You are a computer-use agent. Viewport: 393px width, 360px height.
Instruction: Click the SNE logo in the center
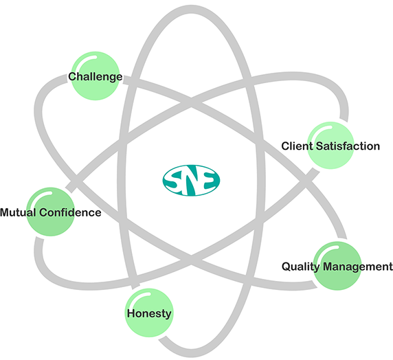click(x=191, y=180)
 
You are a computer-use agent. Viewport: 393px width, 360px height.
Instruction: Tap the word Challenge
click(x=96, y=77)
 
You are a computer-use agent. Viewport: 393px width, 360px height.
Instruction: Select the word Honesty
click(x=149, y=313)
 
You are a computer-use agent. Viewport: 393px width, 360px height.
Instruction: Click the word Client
click(x=297, y=146)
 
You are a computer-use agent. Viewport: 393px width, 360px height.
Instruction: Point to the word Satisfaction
click(x=348, y=146)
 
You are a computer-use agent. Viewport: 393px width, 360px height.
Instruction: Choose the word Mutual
click(x=18, y=212)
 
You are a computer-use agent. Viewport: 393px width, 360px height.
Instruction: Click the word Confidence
click(x=70, y=212)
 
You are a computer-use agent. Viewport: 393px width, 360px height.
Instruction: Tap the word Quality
click(x=301, y=267)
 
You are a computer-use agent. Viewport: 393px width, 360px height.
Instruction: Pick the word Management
click(x=358, y=267)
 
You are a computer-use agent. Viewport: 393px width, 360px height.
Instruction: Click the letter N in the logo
click(x=192, y=181)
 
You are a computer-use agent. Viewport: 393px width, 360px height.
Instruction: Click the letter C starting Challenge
click(x=72, y=77)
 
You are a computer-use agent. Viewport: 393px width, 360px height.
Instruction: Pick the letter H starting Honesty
click(x=131, y=313)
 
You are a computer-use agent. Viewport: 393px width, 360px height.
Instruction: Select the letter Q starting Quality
click(x=287, y=267)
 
